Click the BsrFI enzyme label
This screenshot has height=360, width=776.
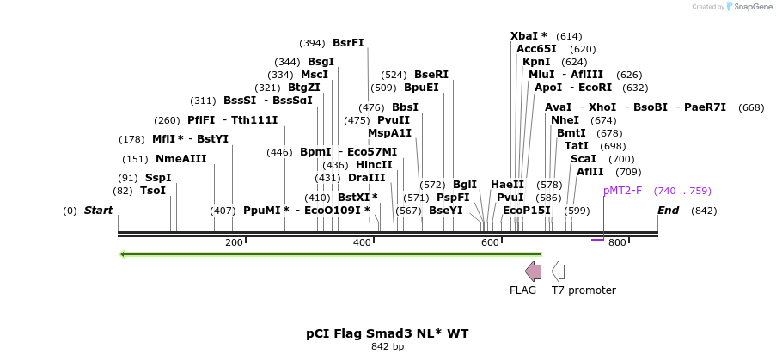pyautogui.click(x=348, y=43)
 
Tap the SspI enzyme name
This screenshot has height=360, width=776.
pyautogui.click(x=158, y=178)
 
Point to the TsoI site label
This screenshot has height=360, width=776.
pyautogui.click(x=153, y=191)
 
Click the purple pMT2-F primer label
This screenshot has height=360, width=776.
pyautogui.click(x=622, y=191)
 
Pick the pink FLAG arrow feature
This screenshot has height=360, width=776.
pyautogui.click(x=533, y=272)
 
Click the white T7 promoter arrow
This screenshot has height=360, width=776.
pyautogui.click(x=559, y=272)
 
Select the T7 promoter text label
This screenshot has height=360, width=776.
pyautogui.click(x=584, y=290)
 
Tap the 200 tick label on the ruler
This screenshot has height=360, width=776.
pyautogui.click(x=234, y=243)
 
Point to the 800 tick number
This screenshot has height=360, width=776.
pyautogui.click(x=617, y=243)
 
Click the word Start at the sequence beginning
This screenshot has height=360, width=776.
pyautogui.click(x=98, y=211)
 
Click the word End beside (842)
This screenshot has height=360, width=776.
pyautogui.click(x=669, y=211)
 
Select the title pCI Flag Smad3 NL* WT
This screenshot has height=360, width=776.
pyautogui.click(x=388, y=333)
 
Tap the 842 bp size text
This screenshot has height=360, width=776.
pyautogui.click(x=388, y=347)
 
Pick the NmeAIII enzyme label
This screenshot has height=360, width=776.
pyautogui.click(x=181, y=159)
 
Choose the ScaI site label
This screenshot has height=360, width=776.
pyautogui.click(x=584, y=159)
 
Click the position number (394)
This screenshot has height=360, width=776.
pyautogui.click(x=312, y=43)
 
